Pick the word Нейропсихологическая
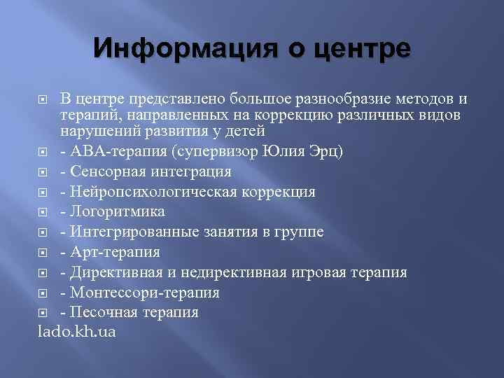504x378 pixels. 155,192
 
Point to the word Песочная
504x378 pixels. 99,312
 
